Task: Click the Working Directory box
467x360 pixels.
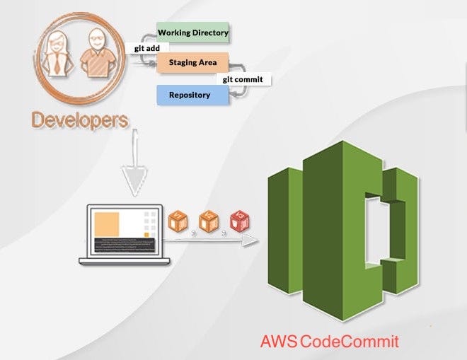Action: coord(192,33)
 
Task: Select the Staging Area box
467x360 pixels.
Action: coord(192,63)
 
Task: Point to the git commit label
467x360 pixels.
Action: coord(243,79)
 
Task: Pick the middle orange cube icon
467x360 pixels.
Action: coord(208,222)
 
